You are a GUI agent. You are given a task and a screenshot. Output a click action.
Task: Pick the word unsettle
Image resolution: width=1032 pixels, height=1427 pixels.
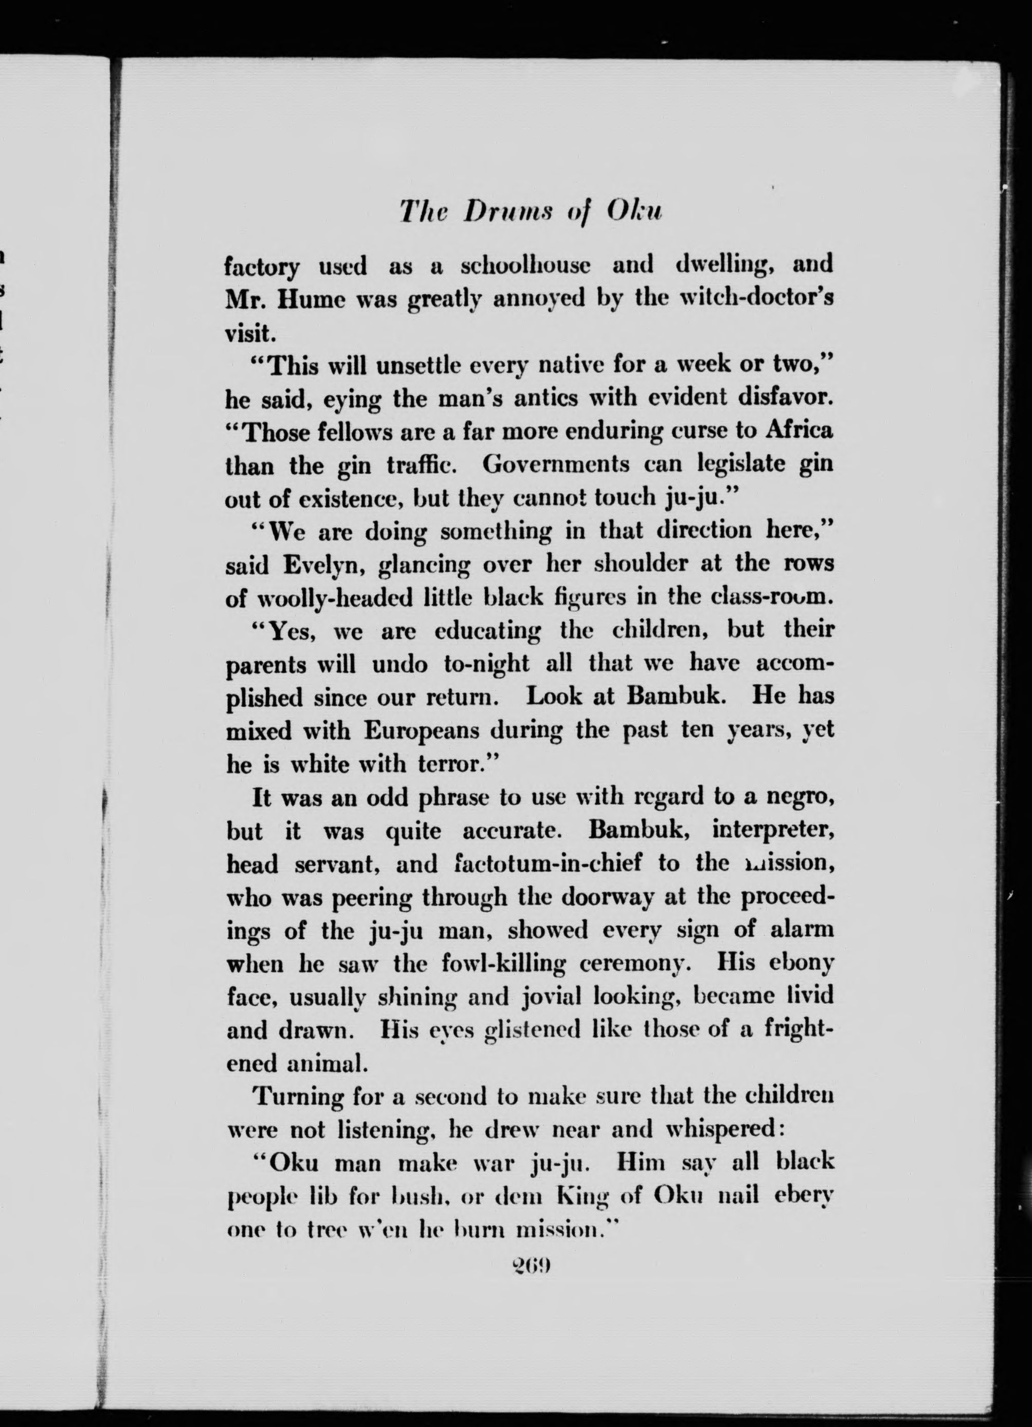pos(431,365)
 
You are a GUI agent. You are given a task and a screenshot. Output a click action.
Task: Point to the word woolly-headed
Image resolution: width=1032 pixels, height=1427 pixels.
pos(335,598)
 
